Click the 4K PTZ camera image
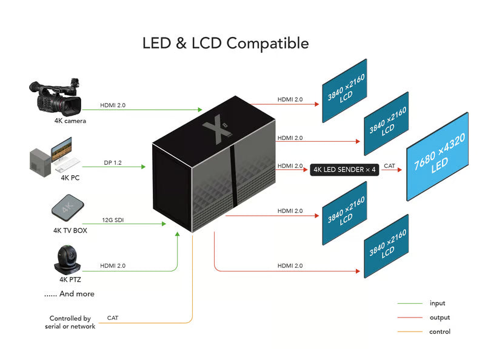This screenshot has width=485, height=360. [x=67, y=259]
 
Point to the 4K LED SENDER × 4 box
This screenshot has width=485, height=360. [x=344, y=170]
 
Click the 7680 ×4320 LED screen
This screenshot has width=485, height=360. [x=438, y=156]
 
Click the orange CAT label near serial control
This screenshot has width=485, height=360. [x=113, y=318]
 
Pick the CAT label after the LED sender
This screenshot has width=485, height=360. [x=389, y=165]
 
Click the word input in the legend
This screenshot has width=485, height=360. [x=437, y=303]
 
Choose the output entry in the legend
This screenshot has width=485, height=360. [x=440, y=318]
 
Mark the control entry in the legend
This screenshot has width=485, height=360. [x=440, y=332]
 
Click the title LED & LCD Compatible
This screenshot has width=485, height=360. [x=226, y=44]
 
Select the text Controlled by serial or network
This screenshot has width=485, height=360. [x=70, y=322]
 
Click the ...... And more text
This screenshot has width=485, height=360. [x=69, y=294]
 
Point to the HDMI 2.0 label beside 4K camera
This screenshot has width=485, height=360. [x=113, y=105]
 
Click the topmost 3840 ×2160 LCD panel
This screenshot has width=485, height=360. [x=344, y=90]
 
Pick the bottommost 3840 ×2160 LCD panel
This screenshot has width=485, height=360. [x=386, y=246]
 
